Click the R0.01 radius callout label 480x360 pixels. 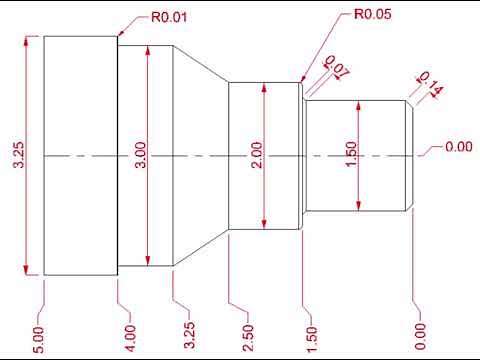[x=171, y=17]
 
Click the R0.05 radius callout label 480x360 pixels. [x=374, y=16]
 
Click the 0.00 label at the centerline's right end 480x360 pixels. [x=458, y=148]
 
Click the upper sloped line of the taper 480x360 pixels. [x=202, y=68]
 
